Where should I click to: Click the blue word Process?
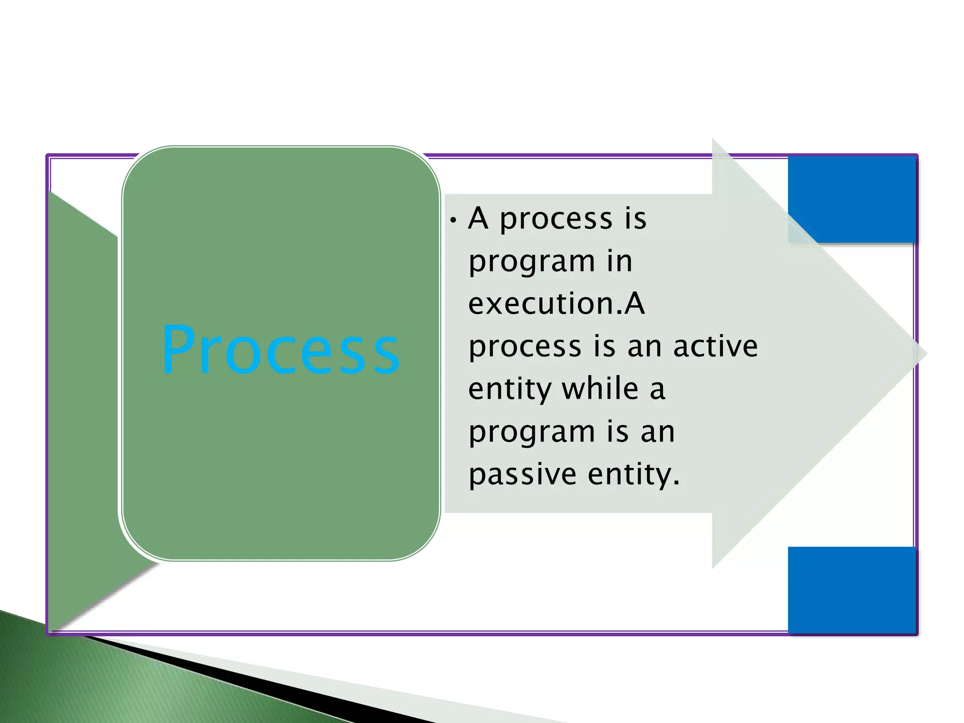[281, 349]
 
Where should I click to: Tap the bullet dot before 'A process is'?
[453, 220]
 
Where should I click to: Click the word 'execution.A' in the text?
[556, 304]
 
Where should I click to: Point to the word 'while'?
[600, 389]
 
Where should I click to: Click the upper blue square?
[852, 200]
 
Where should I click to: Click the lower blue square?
[852, 590]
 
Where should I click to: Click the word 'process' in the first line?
[555, 220]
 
